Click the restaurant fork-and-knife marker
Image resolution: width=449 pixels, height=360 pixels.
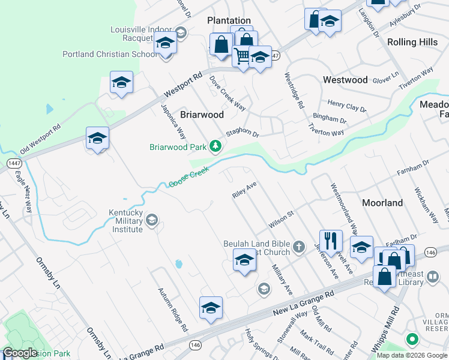coord(331,241)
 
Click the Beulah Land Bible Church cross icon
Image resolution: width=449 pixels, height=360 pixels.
coord(299,246)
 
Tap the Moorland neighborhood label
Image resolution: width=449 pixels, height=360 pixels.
coord(382,203)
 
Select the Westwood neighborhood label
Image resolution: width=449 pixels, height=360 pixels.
coord(345,80)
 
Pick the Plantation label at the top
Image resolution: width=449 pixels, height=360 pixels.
coord(229,20)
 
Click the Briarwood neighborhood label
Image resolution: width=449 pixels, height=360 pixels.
coord(202,115)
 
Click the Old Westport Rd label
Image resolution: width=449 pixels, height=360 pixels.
coord(41,139)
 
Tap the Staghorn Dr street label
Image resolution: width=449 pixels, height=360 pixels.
coord(242,134)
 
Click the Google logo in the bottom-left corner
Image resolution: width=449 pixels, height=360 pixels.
coord(20,353)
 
